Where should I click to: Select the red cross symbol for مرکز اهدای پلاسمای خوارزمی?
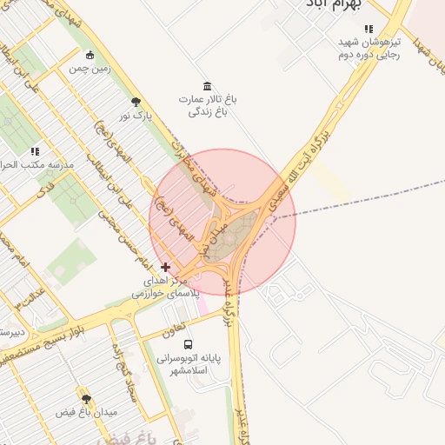click(x=166, y=267)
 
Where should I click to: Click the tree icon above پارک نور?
click(x=135, y=102)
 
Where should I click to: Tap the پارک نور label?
click(x=135, y=115)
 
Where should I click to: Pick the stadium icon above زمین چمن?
click(x=90, y=56)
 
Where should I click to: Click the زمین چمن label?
click(x=90, y=69)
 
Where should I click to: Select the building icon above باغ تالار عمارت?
click(x=207, y=85)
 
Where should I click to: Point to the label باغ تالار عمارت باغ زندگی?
click(x=209, y=105)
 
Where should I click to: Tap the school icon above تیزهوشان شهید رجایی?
click(x=369, y=28)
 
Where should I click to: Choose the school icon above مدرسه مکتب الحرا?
click(x=35, y=151)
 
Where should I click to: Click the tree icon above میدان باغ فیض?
click(x=85, y=398)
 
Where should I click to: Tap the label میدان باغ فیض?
click(x=85, y=412)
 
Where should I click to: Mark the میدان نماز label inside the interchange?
click(x=216, y=236)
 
